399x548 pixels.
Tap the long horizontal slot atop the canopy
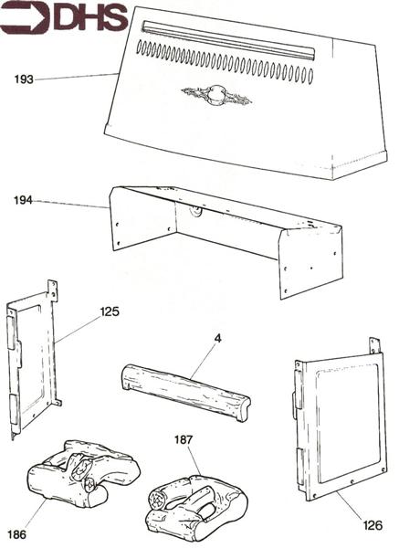228,41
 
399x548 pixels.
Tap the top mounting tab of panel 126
373,345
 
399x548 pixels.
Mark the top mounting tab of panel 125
53,290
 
